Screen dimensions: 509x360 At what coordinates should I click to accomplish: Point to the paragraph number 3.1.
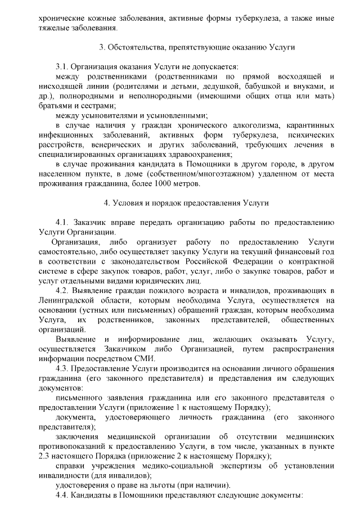(x=62, y=66)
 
